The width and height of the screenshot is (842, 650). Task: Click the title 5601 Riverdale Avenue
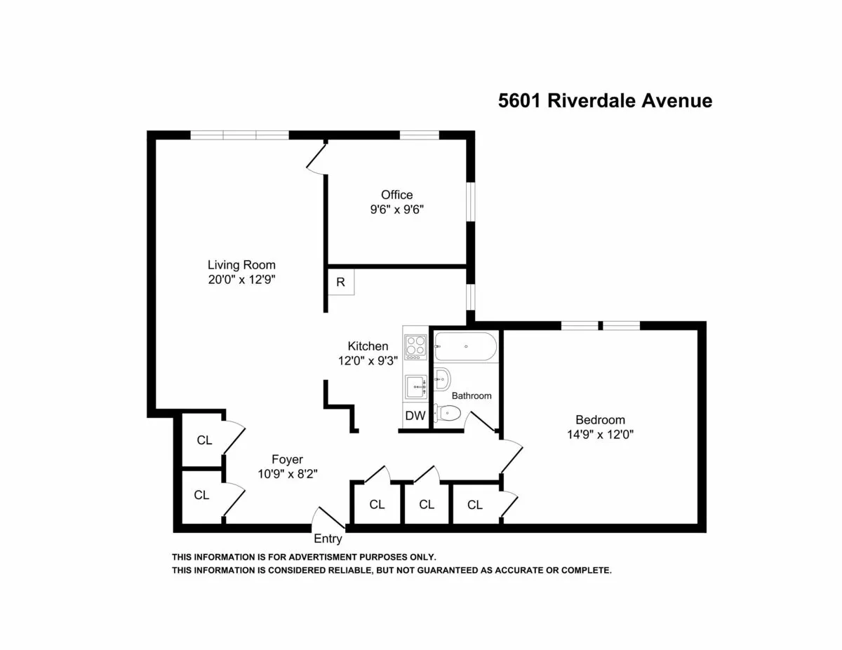605,101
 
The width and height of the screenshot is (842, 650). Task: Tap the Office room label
396,195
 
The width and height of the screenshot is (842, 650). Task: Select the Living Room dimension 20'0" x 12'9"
241,279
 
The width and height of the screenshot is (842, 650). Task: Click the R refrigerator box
341,283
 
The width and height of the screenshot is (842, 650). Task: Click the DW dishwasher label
415,416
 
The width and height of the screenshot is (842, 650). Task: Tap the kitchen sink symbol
416,385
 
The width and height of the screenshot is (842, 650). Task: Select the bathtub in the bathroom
465,346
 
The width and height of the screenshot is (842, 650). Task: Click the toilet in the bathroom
447,414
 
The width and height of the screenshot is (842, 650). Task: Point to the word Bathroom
472,395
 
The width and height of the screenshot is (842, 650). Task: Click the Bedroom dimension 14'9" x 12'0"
600,434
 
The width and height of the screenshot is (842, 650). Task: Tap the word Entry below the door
328,539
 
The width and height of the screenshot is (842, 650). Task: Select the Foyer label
287,459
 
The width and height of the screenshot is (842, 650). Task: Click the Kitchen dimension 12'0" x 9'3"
368,360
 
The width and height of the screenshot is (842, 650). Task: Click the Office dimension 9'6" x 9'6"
396,209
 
